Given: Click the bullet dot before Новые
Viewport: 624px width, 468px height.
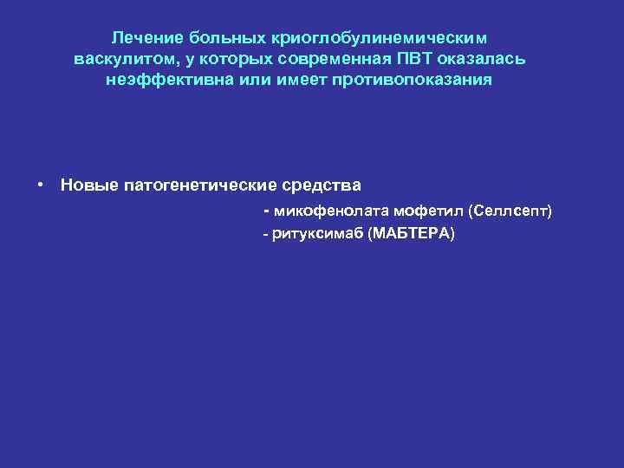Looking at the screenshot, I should tap(41, 185).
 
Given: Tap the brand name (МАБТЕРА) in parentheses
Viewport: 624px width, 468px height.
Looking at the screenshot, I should tap(410, 235).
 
